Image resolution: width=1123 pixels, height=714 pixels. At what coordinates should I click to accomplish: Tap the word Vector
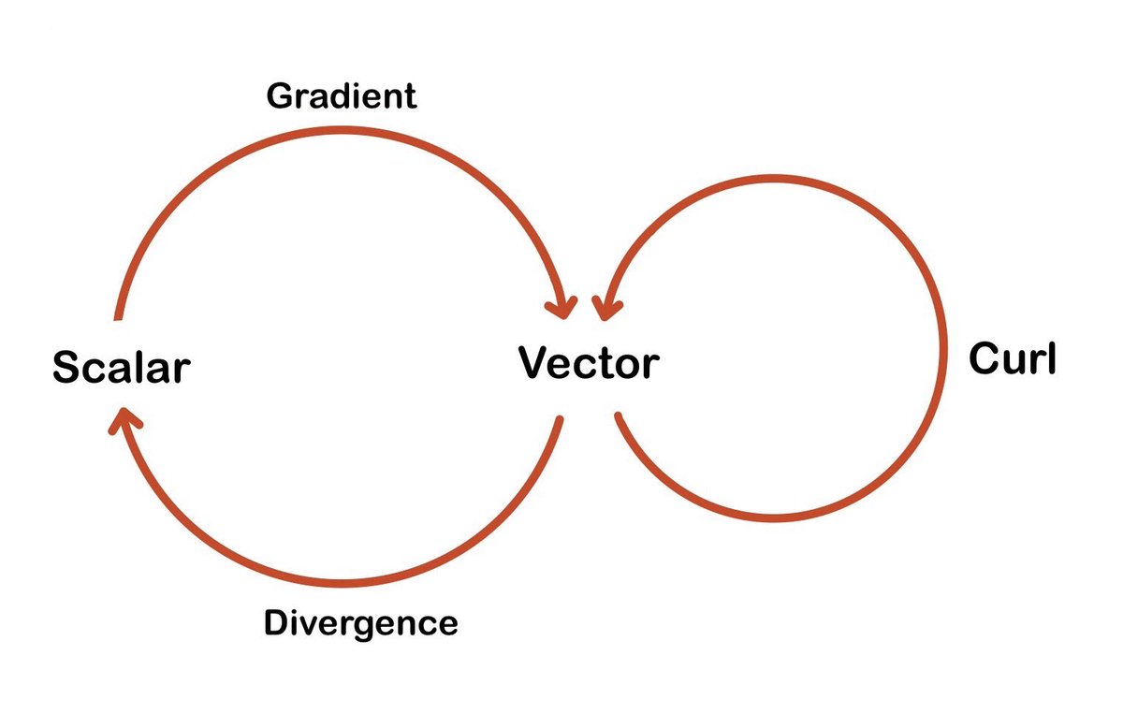(589, 362)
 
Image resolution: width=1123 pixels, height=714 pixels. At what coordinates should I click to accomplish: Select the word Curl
(1012, 358)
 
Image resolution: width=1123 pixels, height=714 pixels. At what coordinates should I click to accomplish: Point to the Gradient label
(342, 96)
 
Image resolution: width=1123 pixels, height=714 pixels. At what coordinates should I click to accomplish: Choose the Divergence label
(361, 623)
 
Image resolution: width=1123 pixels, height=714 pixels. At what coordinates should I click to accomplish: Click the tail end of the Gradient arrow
(117, 315)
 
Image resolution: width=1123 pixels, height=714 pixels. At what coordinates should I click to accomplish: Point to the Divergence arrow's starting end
(560, 420)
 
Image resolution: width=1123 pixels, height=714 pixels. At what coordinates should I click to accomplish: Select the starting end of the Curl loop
(618, 415)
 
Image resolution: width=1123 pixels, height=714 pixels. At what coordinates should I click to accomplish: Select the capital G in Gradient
(281, 96)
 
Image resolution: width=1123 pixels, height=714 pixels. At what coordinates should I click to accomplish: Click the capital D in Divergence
(276, 623)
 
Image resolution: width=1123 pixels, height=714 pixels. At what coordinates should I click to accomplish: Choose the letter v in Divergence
(307, 625)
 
